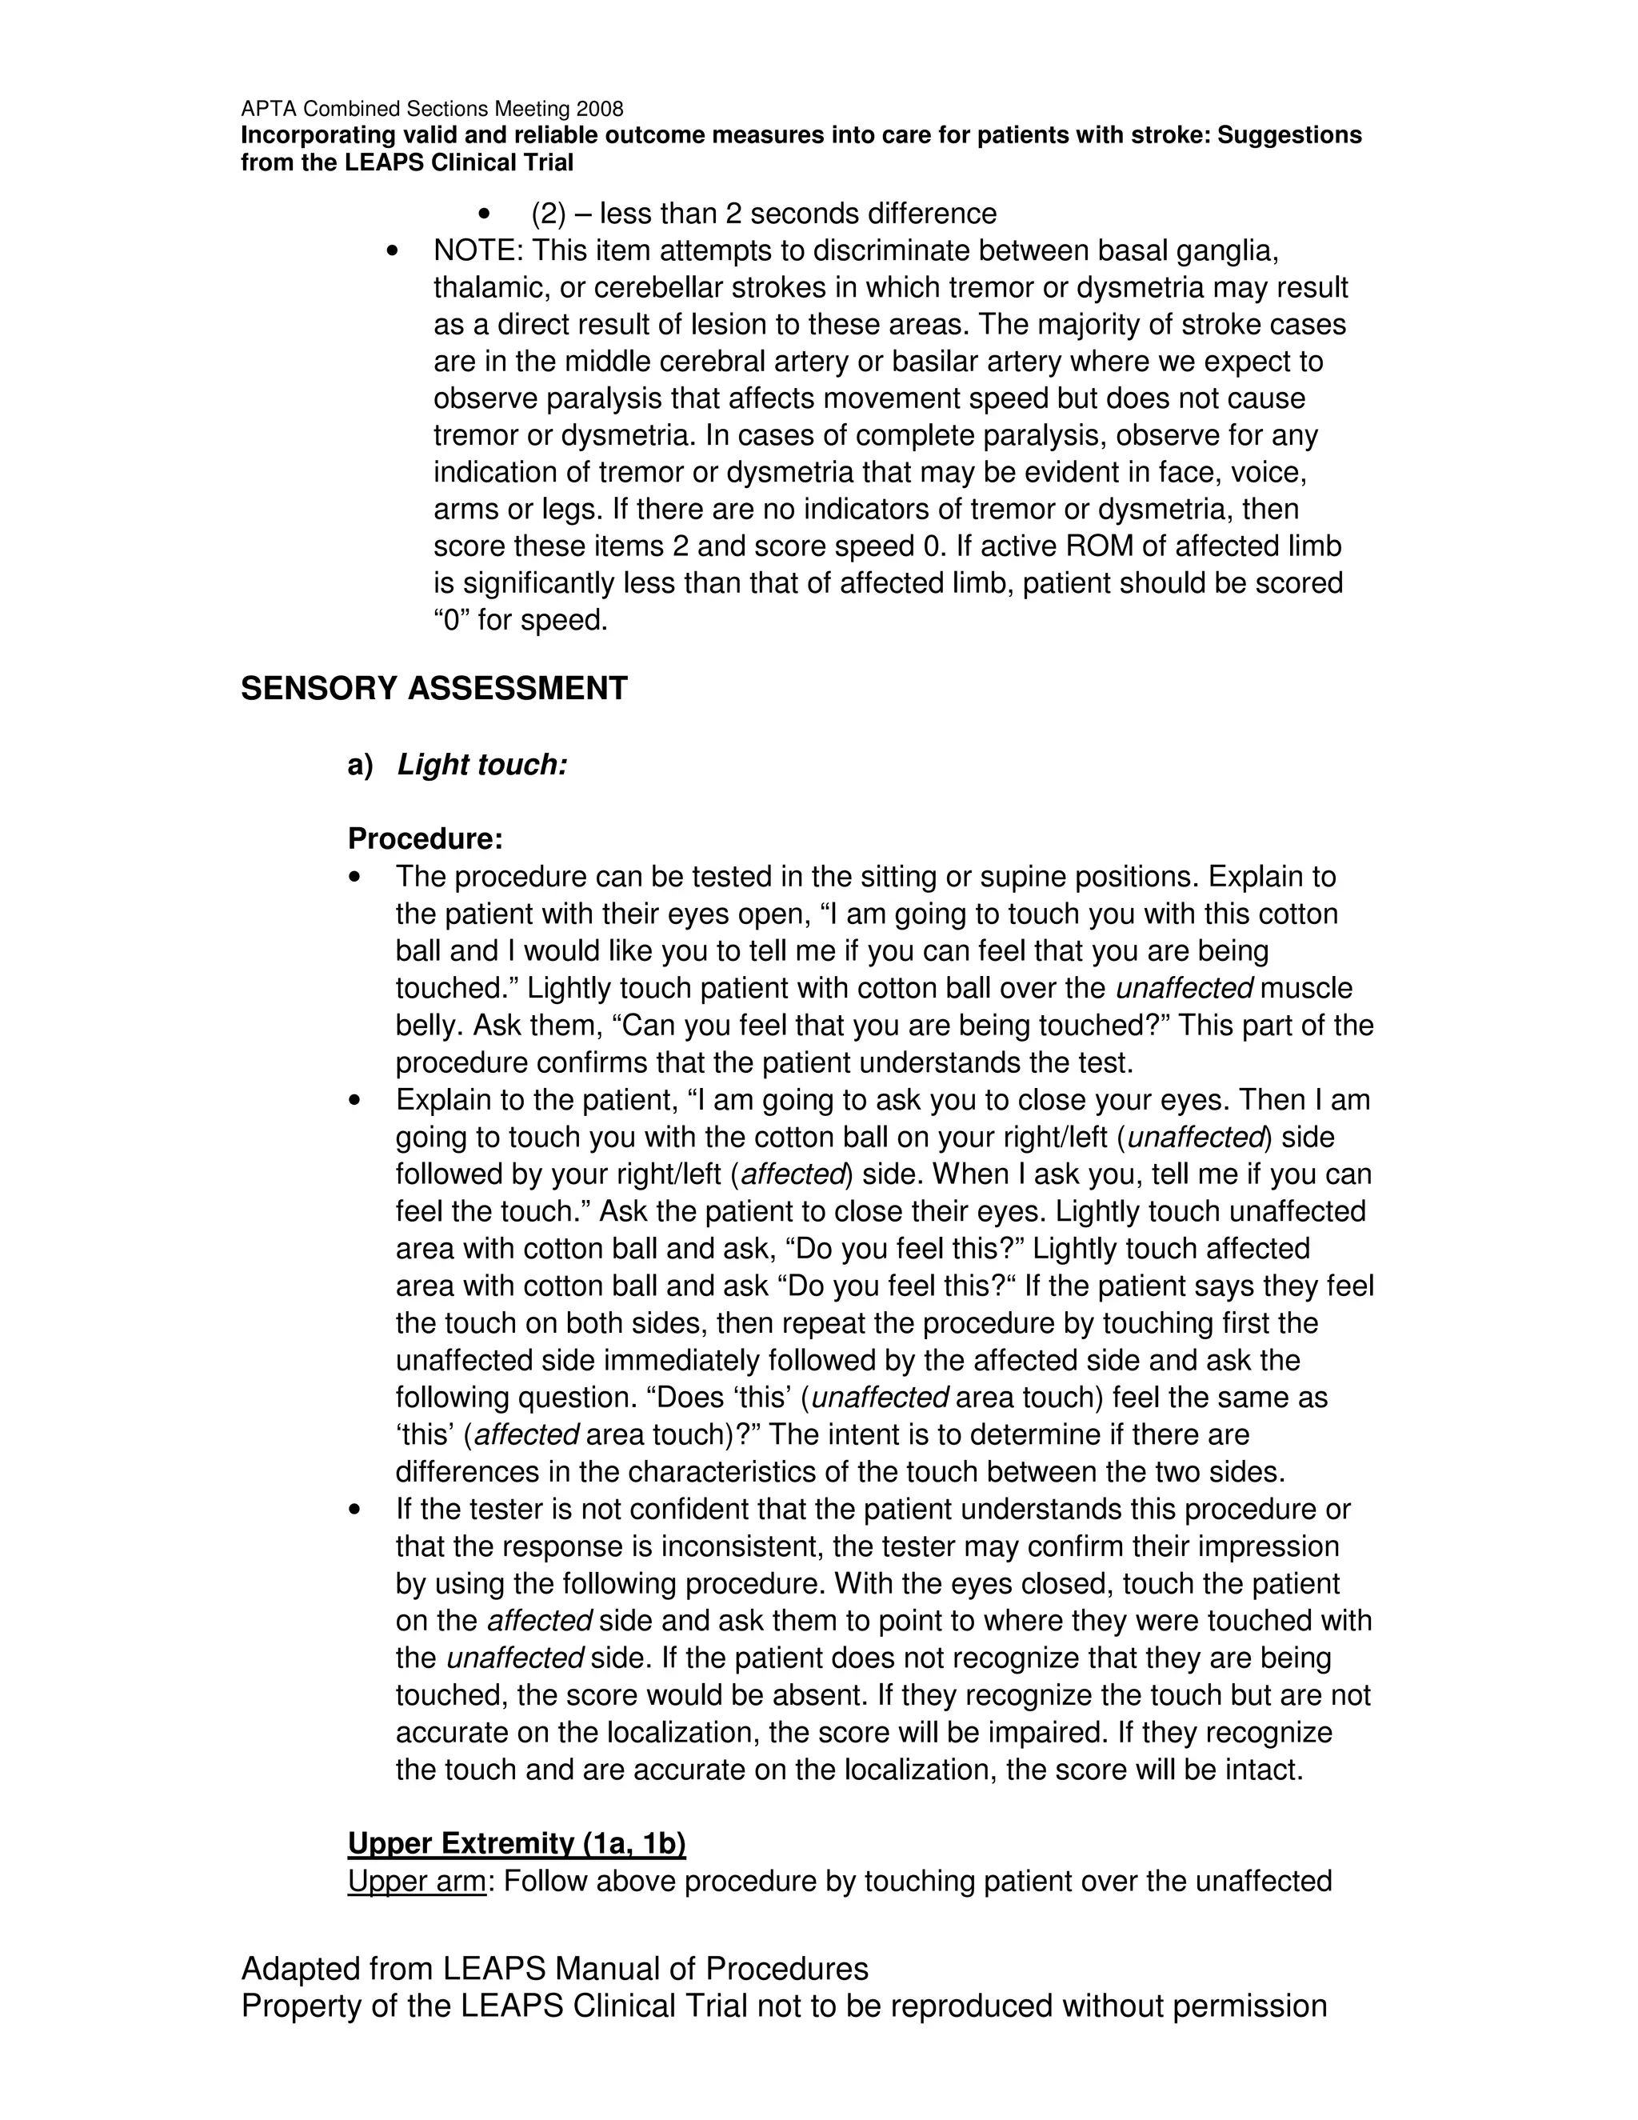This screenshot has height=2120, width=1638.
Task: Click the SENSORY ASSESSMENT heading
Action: pos(433,688)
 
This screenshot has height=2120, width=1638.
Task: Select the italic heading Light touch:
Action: pos(482,765)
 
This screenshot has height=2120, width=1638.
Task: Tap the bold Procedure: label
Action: pos(425,838)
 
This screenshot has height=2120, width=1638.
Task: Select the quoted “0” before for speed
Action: pos(451,619)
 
